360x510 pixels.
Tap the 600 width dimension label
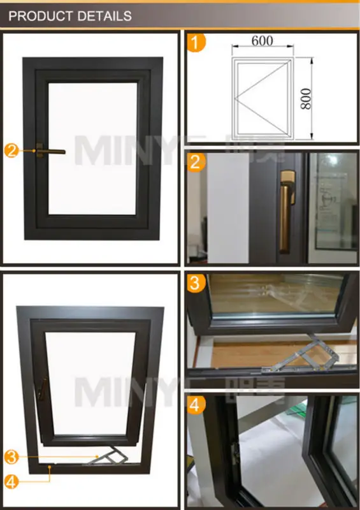(x=262, y=40)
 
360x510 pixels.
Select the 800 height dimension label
(x=305, y=98)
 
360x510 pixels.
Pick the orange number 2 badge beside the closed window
(x=11, y=151)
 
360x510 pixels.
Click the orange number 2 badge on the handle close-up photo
(x=198, y=162)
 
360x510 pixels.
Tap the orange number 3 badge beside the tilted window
(x=11, y=456)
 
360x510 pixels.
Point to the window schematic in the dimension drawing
(x=262, y=99)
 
